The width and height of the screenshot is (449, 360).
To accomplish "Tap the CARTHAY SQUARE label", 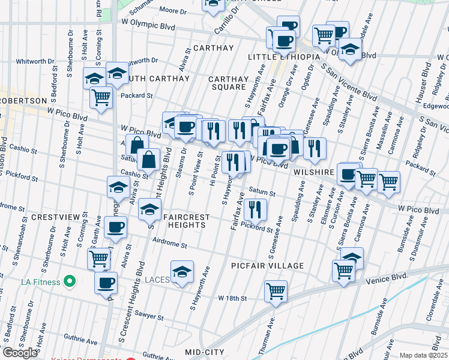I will coord(228,83).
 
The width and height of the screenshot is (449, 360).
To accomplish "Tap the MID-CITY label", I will coord(204,352).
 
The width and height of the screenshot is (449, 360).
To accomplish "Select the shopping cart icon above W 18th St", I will coord(276,291).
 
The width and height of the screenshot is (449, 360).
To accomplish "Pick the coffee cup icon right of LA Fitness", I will coord(106,282).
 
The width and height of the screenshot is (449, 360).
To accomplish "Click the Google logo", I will coord(19,353).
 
